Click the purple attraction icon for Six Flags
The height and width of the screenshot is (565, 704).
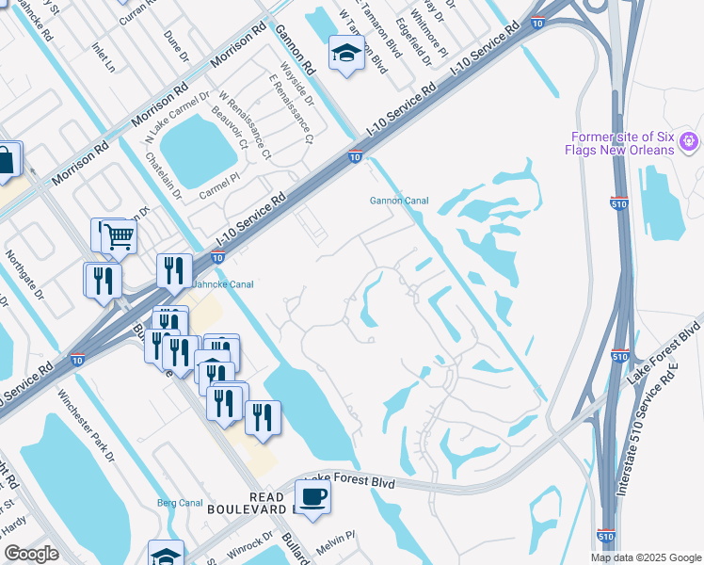click(x=689, y=141)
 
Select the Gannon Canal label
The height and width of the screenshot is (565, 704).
click(x=392, y=200)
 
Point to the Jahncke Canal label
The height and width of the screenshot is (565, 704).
click(x=223, y=283)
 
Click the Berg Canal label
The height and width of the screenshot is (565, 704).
click(x=180, y=503)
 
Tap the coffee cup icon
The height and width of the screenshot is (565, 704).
click(x=312, y=496)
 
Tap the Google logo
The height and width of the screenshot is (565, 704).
click(x=32, y=554)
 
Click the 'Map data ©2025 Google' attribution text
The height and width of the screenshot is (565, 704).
click(x=646, y=557)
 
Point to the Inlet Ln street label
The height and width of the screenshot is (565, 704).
click(x=102, y=56)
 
